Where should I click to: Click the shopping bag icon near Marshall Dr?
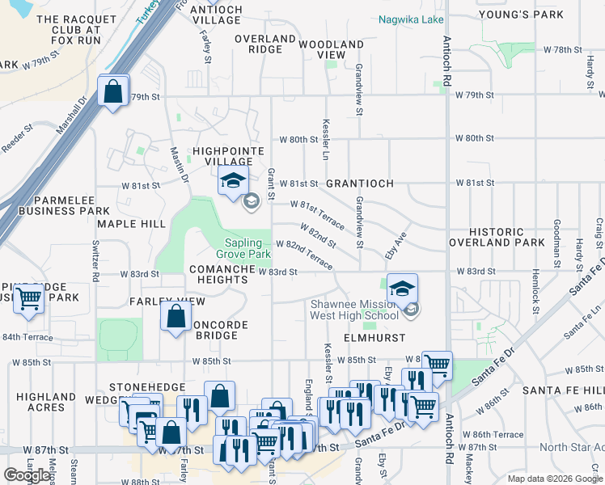[x=113, y=91]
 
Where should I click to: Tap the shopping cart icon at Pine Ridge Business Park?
[x=29, y=297]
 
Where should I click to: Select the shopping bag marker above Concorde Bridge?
[x=176, y=317]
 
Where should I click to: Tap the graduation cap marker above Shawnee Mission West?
[x=402, y=288]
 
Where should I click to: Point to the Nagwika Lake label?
[x=411, y=19]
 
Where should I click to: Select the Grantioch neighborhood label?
[x=360, y=183]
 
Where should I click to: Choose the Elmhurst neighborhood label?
[x=374, y=338]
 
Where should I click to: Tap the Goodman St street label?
[x=557, y=242]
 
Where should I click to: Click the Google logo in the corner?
[x=27, y=475]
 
